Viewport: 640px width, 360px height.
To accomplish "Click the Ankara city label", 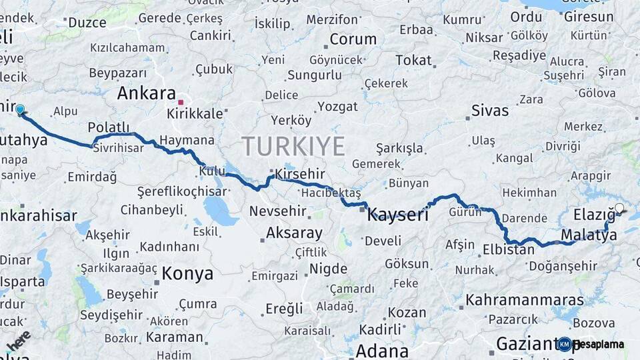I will coord(146,93).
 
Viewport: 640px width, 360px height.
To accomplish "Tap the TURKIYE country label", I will coord(293,146).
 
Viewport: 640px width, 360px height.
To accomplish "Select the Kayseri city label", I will coord(398,214).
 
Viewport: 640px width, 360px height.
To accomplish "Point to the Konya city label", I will coord(187,273).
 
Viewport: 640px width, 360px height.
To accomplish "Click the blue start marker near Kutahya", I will coord(20,110).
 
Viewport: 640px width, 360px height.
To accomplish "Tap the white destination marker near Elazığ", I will coord(619,208).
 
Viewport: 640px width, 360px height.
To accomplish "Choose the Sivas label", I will coord(489,110).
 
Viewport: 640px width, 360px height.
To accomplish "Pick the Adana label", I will coord(382,351).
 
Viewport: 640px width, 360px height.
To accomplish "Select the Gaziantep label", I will coord(527,344).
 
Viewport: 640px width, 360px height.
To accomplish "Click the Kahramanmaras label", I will coord(521,300).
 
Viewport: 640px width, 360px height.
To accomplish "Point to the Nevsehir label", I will coord(278,211).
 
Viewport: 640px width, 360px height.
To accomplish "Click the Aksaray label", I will coord(294,233).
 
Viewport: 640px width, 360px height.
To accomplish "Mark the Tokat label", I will coord(413,60).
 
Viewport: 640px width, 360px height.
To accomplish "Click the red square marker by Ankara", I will coord(181,103).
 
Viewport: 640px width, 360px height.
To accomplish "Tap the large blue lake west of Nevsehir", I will coord(220,211).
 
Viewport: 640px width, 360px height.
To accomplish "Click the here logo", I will coord(19,340).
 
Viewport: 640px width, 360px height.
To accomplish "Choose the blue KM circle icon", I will coord(565,344).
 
